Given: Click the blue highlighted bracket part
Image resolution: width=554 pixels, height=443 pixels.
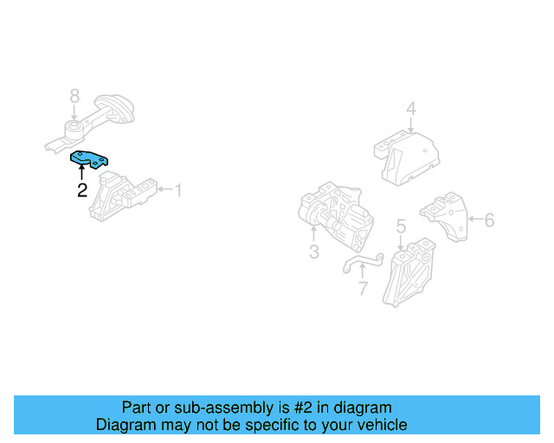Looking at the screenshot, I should click(90, 158).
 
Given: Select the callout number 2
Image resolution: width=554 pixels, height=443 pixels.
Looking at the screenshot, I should click(81, 190).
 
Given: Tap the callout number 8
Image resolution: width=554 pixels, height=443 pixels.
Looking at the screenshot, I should click(74, 96).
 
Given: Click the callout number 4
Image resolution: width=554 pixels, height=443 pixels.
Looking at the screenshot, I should click(411, 109).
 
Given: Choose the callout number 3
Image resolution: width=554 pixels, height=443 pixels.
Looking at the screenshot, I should click(313, 252).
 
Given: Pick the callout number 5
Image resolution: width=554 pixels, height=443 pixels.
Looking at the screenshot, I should click(401, 227).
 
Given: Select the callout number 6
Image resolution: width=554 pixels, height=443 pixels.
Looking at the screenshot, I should click(489, 221).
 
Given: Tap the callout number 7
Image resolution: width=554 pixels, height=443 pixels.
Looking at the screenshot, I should click(363, 287).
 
